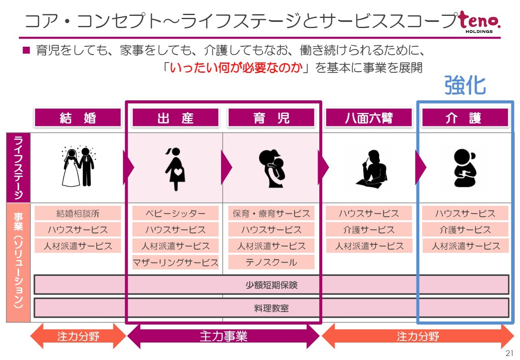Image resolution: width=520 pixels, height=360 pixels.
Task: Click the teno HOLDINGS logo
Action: click(x=480, y=22)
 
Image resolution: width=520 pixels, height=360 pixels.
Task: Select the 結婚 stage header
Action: click(x=78, y=117)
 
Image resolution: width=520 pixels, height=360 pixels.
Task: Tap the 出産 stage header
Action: click(x=175, y=117)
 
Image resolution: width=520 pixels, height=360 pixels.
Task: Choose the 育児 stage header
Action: click(x=271, y=117)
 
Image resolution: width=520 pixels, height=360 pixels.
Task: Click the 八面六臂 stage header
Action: click(x=369, y=117)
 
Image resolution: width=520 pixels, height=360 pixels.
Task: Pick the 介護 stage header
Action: click(x=465, y=117)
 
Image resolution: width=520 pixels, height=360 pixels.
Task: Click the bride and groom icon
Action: click(x=78, y=167)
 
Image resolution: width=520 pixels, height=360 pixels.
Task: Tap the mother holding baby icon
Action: click(x=271, y=168)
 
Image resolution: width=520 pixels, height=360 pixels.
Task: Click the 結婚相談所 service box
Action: click(x=78, y=213)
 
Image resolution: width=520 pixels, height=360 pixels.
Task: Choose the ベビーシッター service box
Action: click(x=175, y=213)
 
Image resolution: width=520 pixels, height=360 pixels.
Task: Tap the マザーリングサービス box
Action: click(x=175, y=262)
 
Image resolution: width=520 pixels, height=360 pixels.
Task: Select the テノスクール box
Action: click(x=271, y=262)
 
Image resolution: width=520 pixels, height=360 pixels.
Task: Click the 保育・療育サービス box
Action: click(x=271, y=213)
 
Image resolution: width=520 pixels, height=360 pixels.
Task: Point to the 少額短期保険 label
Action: click(x=271, y=285)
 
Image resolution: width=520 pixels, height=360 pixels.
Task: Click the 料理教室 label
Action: click(x=271, y=308)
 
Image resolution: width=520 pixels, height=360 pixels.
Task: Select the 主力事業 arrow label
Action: click(x=223, y=336)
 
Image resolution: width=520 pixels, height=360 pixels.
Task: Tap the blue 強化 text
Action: click(x=465, y=85)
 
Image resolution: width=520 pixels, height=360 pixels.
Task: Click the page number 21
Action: click(x=509, y=353)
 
